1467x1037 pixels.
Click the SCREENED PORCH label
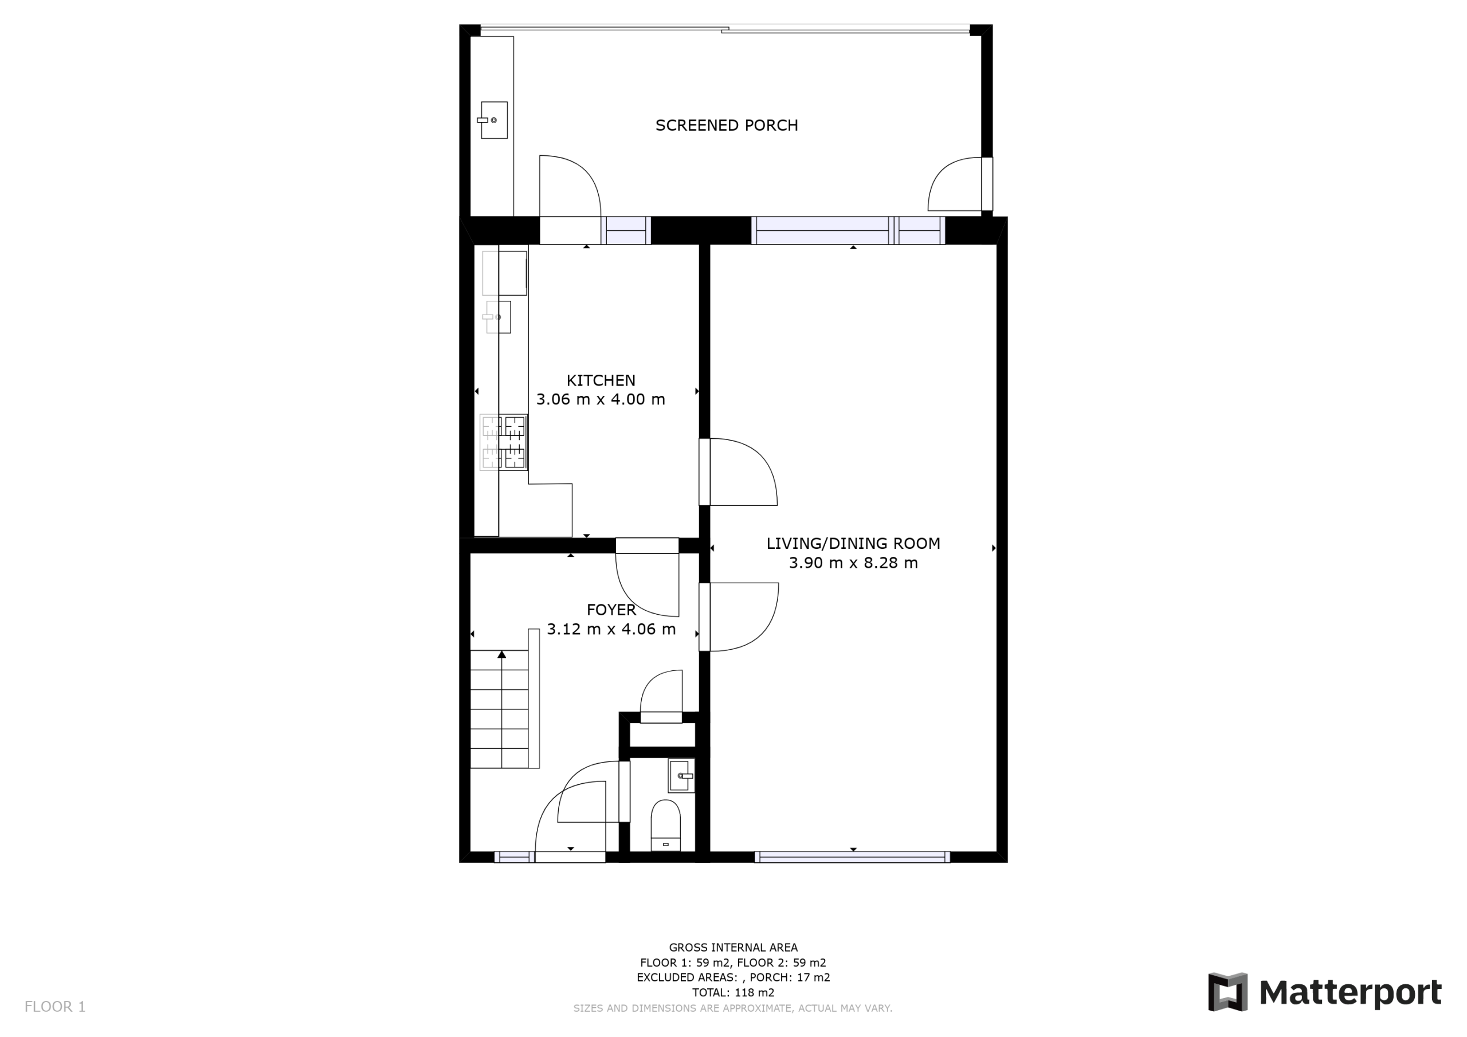[727, 125]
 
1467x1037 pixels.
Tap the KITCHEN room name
[601, 380]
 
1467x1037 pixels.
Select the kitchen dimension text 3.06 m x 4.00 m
[601, 399]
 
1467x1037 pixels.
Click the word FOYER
[611, 610]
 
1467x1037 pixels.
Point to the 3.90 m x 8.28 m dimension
[853, 563]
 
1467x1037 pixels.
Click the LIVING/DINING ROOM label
[853, 544]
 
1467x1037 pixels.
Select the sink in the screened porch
[493, 120]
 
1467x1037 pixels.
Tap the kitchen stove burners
[504, 442]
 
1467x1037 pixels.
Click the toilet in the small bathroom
[666, 825]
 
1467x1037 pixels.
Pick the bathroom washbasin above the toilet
[681, 776]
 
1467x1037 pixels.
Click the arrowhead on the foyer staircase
[502, 654]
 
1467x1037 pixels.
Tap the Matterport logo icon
[1227, 992]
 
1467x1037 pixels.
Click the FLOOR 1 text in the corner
[55, 1007]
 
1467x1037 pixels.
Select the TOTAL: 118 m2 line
[733, 992]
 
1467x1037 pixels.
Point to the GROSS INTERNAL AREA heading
[733, 948]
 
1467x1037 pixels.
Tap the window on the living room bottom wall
[852, 858]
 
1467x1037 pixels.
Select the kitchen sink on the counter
[499, 317]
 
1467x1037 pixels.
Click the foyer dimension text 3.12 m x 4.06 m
[611, 629]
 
